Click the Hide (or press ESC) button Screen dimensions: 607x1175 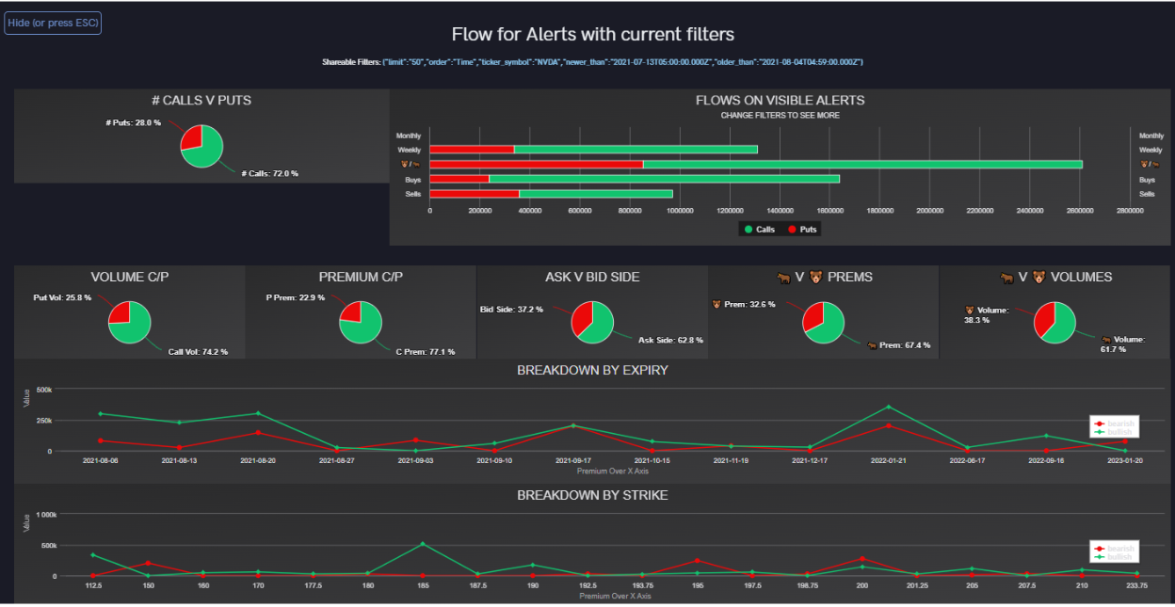pyautogui.click(x=53, y=23)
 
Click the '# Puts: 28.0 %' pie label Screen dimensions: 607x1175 pyautogui.click(x=133, y=122)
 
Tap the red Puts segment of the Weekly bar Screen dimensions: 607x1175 pyautogui.click(x=472, y=150)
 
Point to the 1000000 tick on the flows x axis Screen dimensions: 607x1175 pyautogui.click(x=680, y=211)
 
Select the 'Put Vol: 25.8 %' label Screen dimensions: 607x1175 pyautogui.click(x=63, y=297)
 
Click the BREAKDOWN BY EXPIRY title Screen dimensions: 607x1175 pyautogui.click(x=592, y=371)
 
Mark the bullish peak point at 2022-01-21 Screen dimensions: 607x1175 pyautogui.click(x=888, y=407)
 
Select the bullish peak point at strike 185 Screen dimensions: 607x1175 pyautogui.click(x=422, y=544)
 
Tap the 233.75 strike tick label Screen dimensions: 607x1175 pyautogui.click(x=1136, y=585)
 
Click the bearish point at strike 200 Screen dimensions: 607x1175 pyautogui.click(x=861, y=559)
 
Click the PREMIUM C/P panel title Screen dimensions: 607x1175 pyautogui.click(x=361, y=278)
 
